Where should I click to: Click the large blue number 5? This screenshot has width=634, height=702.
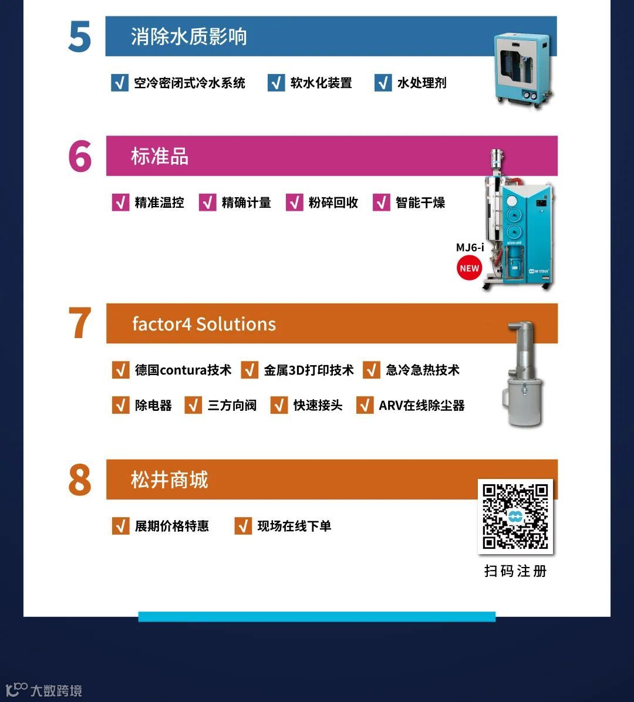pyautogui.click(x=80, y=37)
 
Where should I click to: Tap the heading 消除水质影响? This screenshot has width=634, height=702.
pyautogui.click(x=188, y=36)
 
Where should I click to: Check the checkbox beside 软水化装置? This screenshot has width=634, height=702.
pyautogui.click(x=276, y=83)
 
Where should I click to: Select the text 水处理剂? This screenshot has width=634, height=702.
pyautogui.click(x=421, y=83)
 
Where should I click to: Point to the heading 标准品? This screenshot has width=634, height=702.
pyautogui.click(x=160, y=156)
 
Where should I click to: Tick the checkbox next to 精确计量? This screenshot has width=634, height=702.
pyautogui.click(x=207, y=203)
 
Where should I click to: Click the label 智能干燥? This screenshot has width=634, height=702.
pyautogui.click(x=420, y=203)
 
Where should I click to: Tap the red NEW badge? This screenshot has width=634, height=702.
pyautogui.click(x=469, y=268)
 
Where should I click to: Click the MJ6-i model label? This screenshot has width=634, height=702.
pyautogui.click(x=470, y=248)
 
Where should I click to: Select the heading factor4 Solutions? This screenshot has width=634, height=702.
pyautogui.click(x=204, y=323)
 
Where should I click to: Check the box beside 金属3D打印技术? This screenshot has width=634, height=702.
pyautogui.click(x=249, y=370)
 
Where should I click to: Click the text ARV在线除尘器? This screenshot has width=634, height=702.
pyautogui.click(x=421, y=405)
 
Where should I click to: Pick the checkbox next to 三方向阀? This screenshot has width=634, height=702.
pyautogui.click(x=193, y=405)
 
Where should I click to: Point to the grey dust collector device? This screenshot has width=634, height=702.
pyautogui.click(x=524, y=374)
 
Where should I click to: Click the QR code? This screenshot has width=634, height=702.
pyautogui.click(x=515, y=517)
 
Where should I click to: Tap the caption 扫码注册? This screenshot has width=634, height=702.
pyautogui.click(x=515, y=571)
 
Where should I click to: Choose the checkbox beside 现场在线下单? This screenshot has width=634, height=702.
pyautogui.click(x=243, y=526)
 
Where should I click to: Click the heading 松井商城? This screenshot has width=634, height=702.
pyautogui.click(x=169, y=480)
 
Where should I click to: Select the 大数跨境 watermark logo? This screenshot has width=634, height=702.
pyautogui.click(x=43, y=690)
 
